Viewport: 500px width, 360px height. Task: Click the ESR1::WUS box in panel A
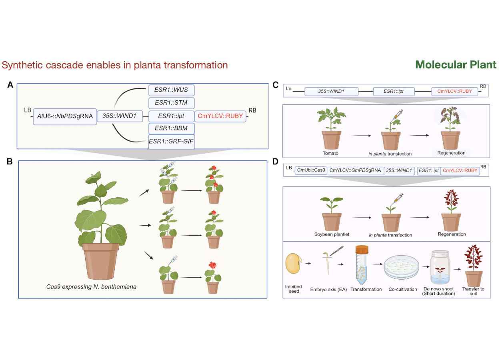171,90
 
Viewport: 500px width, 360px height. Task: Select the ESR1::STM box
171,103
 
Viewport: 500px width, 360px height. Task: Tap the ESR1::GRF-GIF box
171,142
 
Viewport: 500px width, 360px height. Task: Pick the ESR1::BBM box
171,128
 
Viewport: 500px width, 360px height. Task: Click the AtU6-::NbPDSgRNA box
65,116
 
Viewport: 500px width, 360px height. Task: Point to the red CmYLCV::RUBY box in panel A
220,116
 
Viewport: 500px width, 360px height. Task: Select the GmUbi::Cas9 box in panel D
311,170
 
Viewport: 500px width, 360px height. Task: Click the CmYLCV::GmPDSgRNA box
355,170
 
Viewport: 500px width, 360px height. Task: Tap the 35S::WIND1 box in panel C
331,91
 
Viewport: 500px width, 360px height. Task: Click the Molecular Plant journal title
456,65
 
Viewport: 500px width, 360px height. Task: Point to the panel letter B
10,161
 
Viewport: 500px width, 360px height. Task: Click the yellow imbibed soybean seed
294,263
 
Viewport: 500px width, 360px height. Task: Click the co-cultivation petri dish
401,267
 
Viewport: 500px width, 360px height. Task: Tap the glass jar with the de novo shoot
440,267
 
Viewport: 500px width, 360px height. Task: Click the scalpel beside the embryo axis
337,251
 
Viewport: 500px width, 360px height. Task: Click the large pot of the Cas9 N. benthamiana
101,261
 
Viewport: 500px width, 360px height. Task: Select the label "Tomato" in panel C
330,153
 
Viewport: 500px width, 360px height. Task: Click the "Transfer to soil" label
473,291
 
